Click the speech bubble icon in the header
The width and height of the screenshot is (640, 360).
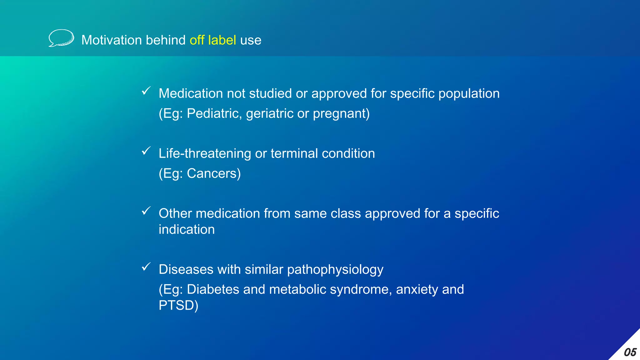61,38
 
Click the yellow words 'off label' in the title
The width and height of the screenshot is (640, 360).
212,40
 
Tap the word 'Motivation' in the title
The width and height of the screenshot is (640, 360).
112,40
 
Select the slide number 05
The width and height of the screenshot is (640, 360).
630,352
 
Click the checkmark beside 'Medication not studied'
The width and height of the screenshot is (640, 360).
146,91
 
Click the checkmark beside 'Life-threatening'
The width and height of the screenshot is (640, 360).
146,151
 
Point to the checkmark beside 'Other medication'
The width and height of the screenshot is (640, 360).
146,211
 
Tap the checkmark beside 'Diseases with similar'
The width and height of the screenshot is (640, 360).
146,267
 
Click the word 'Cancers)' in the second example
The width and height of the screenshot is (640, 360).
214,173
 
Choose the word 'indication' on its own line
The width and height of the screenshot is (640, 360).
187,229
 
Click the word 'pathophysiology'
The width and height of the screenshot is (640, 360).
335,270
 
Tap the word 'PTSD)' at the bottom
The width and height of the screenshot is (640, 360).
178,305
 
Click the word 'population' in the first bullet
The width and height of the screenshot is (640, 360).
469,94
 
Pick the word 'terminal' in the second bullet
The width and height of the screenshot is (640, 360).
294,153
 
